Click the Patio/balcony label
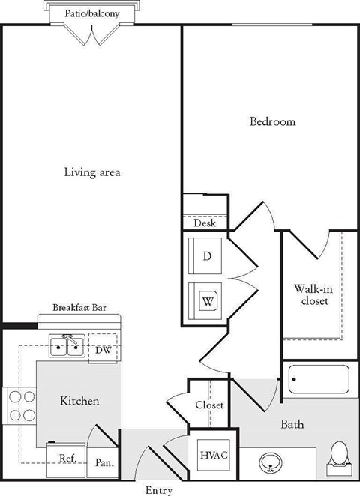91,13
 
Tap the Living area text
91,172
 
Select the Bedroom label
272,121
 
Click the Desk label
205,223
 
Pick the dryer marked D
207,256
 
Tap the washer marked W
207,302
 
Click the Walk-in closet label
312,294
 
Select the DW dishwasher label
103,350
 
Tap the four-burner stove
19,407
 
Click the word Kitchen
79,401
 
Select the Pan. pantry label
104,463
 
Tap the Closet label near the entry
209,405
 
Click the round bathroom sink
271,462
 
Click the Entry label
158,491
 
